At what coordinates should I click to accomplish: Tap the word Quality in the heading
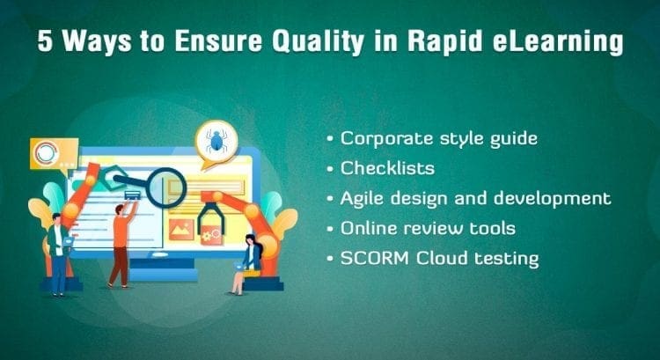click(318, 42)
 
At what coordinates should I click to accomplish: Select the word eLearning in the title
click(557, 42)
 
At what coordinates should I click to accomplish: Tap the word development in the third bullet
click(553, 198)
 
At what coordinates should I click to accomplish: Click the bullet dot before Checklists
click(330, 169)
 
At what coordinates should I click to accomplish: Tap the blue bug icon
click(216, 140)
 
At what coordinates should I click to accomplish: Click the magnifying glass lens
click(165, 187)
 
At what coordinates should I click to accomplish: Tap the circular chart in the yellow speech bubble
click(46, 152)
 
